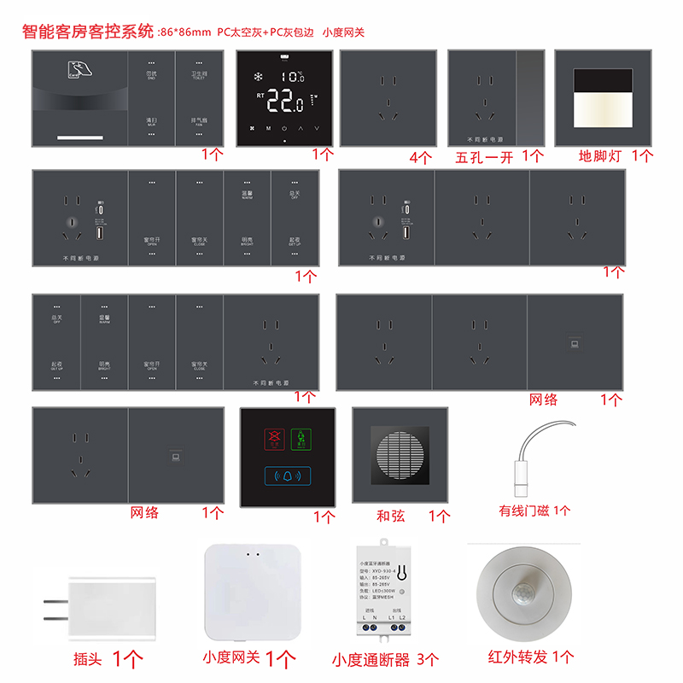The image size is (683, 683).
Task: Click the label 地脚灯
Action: pos(601,155)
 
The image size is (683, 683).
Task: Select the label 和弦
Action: pos(390,516)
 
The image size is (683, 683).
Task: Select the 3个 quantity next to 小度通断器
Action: pos(427,659)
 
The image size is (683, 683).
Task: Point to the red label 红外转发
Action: pos(518,657)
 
